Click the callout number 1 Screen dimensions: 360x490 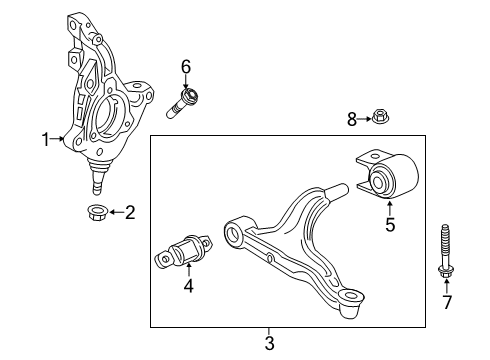(x=44, y=140)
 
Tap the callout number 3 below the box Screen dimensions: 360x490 (x=268, y=344)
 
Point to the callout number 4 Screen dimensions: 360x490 (x=187, y=287)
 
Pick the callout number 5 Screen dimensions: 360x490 (x=390, y=224)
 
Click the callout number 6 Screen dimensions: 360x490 (x=185, y=66)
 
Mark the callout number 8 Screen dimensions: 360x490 (x=351, y=120)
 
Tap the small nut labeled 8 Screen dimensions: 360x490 (x=381, y=119)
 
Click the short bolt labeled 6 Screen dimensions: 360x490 (x=187, y=100)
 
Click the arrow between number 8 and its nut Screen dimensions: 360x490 (x=364, y=120)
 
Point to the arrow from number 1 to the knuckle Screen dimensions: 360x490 (x=59, y=140)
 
